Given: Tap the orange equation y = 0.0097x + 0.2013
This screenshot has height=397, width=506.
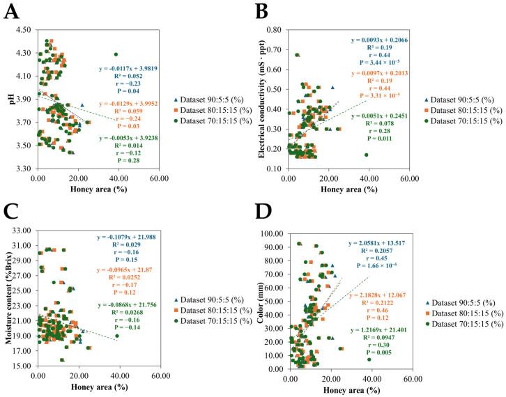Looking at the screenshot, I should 386,73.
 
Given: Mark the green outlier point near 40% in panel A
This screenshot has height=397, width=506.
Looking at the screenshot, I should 116,54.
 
